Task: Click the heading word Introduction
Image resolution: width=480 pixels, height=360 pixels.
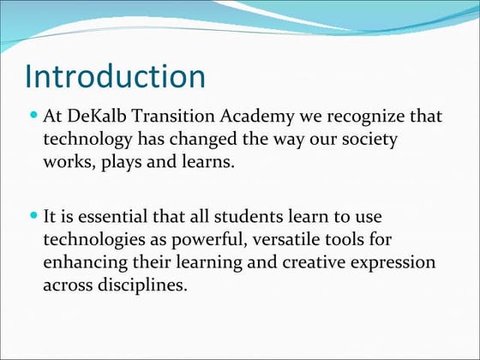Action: tap(115, 76)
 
